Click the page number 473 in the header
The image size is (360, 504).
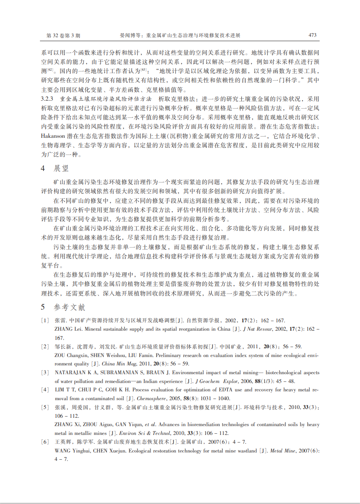312,35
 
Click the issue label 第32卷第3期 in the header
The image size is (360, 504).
63,36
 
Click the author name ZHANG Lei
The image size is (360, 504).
68,329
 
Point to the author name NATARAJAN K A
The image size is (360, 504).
74,373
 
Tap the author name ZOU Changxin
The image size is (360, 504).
70,355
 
